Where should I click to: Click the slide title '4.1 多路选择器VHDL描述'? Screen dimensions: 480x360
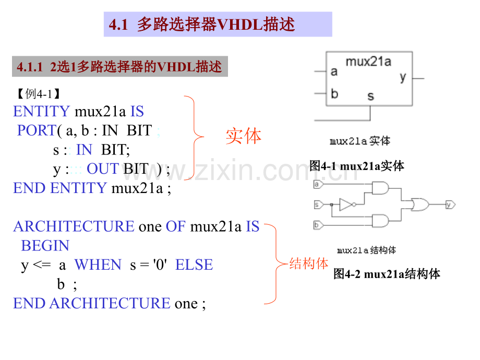pos(202,24)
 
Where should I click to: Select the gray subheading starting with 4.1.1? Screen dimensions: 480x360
pos(119,66)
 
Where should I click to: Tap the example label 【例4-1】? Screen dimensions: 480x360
pos(39,94)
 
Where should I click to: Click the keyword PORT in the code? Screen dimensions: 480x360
pos(37,130)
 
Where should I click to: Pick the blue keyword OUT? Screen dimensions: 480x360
pos(103,169)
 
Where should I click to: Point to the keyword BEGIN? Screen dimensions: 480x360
pos(45,246)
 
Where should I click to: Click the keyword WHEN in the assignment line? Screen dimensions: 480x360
pos(98,265)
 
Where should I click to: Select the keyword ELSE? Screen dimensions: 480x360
pos(194,265)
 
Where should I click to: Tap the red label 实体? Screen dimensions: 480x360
pos(244,136)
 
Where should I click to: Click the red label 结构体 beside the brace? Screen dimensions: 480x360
pos(309,263)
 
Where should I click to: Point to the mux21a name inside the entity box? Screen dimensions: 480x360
pos(368,62)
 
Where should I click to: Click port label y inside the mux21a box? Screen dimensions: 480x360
pos(403,77)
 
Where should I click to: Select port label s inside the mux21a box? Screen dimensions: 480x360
pos(371,96)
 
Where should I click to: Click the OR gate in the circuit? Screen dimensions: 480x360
pos(420,205)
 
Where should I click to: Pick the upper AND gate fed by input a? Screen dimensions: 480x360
pos(380,188)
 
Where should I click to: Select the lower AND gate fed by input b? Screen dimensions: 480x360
pos(380,221)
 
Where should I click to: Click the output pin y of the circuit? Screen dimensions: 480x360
pos(451,205)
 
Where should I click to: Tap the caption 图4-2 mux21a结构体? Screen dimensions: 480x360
pos(387,274)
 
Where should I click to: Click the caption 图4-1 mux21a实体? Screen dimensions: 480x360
pos(357,166)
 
